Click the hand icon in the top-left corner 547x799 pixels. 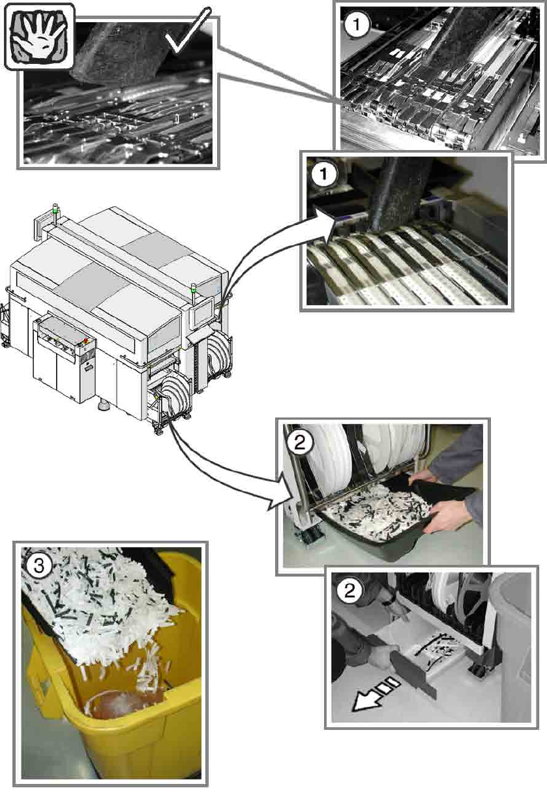39,36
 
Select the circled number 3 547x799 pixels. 39,565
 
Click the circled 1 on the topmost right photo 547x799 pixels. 357,24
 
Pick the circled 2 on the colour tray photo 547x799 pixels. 299,443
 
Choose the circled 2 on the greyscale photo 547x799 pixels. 349,591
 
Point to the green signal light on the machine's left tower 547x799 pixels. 55,210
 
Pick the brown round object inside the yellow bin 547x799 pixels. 117,705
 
